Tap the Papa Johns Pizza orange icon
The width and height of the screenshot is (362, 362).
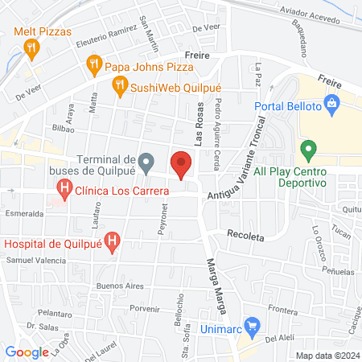94,64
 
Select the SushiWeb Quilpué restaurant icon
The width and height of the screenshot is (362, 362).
119,83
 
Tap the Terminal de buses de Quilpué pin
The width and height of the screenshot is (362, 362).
146,164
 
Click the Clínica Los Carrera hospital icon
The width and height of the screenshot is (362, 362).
64,191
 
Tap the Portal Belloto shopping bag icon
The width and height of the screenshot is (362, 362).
331,105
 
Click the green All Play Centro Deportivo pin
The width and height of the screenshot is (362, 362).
306,150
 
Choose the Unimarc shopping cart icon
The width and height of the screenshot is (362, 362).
253,326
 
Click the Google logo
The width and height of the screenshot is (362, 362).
27,352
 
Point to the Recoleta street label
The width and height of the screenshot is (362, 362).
245,238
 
